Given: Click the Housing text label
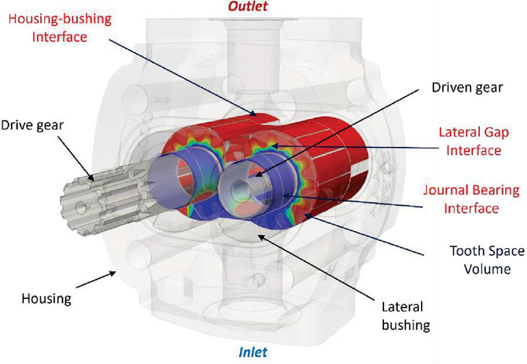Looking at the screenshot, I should click(x=44, y=298).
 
